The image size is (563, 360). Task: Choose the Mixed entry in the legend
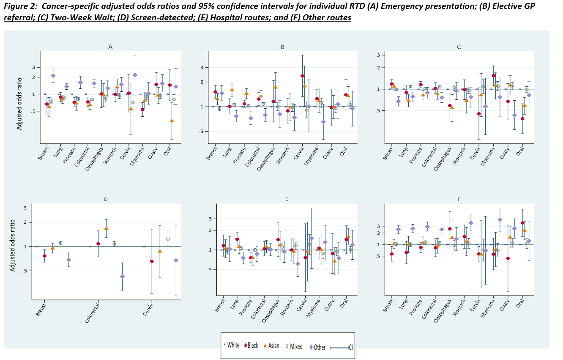point(293,346)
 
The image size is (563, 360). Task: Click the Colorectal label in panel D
point(92,313)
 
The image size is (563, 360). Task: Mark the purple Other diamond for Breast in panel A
point(53,76)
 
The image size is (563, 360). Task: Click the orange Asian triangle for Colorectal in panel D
point(106,228)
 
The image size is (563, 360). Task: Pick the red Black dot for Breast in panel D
point(44,256)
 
